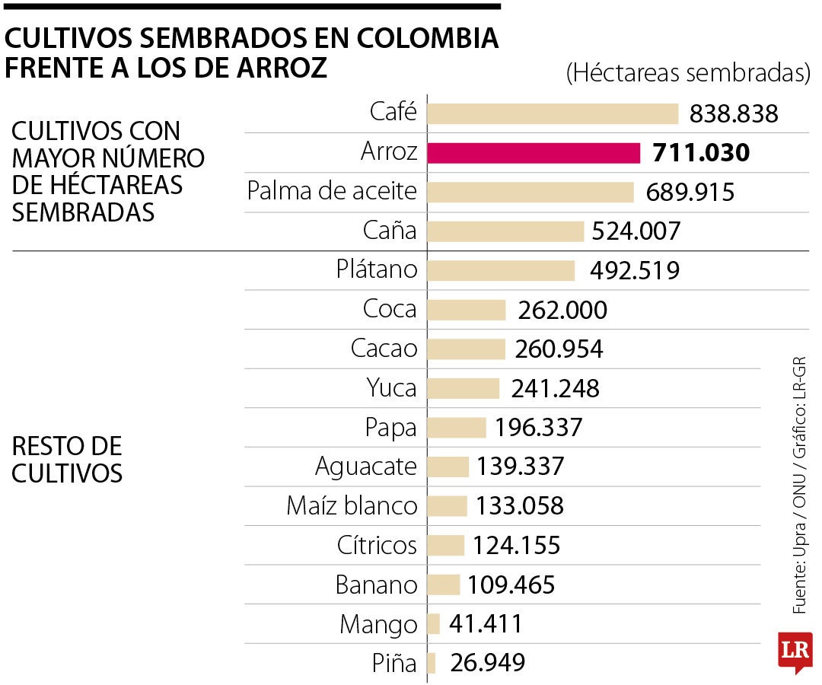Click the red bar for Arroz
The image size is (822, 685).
pyautogui.click(x=533, y=153)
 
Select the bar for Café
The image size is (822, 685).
pyautogui.click(x=553, y=113)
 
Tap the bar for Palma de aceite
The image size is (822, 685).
pyautogui.click(x=530, y=192)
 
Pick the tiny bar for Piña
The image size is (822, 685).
pyautogui.click(x=432, y=663)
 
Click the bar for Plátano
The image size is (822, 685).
pyautogui.click(x=501, y=270)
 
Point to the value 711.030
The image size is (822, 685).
pyautogui.click(x=701, y=153)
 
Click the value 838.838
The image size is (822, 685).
pyautogui.click(x=734, y=113)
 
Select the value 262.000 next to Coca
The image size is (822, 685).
pyautogui.click(x=562, y=310)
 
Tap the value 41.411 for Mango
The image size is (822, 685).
pyautogui.click(x=486, y=624)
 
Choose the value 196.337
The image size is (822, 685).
pyautogui.click(x=538, y=428)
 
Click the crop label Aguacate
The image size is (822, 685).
pyautogui.click(x=366, y=466)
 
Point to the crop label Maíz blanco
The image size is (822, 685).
pyautogui.click(x=352, y=505)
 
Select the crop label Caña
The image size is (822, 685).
pyautogui.click(x=389, y=231)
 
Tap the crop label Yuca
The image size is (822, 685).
pyautogui.click(x=391, y=388)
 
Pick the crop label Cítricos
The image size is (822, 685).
pyautogui.click(x=377, y=545)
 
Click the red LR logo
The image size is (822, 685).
pyautogui.click(x=795, y=651)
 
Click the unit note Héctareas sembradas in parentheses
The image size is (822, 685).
pyautogui.click(x=687, y=73)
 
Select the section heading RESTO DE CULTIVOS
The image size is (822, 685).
pyautogui.click(x=68, y=459)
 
